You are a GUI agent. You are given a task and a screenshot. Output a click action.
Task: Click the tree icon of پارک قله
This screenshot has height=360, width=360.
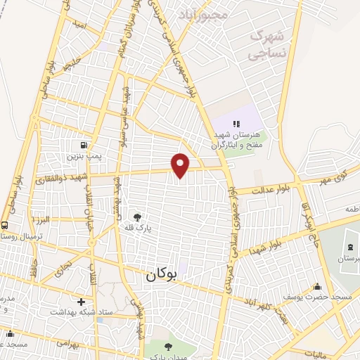click(139, 217)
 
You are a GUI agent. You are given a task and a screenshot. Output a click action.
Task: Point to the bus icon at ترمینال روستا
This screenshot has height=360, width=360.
click(5, 226)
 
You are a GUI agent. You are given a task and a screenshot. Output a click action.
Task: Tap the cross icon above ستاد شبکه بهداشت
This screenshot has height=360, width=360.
click(82, 301)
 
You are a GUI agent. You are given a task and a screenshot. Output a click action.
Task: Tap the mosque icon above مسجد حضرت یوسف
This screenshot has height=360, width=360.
click(317, 286)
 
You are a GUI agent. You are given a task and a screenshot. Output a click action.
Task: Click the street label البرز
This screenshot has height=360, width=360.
click(45, 219)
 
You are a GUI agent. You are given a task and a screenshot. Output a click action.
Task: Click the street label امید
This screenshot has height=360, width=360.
click(79, 25)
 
